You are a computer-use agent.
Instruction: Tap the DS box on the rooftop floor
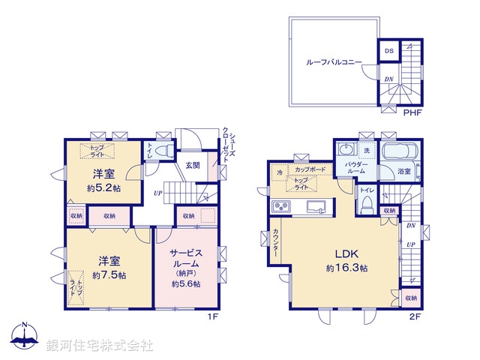tap(388, 51)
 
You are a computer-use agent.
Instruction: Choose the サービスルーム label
tap(184, 258)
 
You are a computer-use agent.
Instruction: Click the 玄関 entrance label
tap(191, 165)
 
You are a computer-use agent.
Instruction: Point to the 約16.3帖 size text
tap(346, 268)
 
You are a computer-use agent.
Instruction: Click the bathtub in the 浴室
tap(401, 154)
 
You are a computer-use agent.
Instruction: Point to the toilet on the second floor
tap(367, 206)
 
